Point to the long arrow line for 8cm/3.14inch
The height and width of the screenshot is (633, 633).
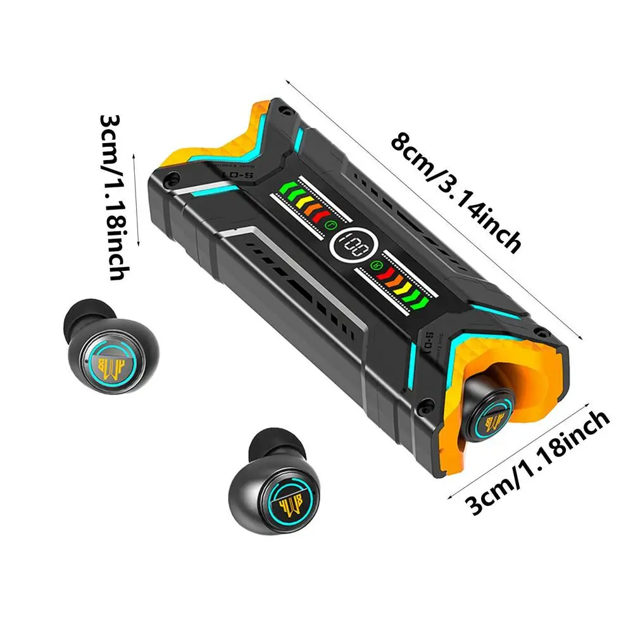437,209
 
